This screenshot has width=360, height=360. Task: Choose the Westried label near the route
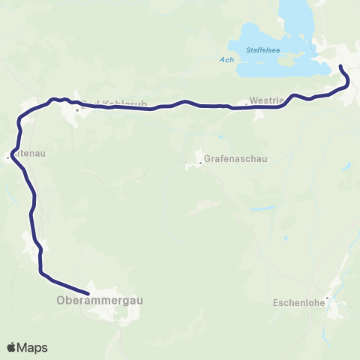pyautogui.click(x=265, y=103)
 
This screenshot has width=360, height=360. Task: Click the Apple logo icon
pyautogui.click(x=12, y=347)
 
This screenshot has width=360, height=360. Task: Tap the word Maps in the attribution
pyautogui.click(x=34, y=347)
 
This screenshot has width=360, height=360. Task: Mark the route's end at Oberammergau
pyautogui.click(x=88, y=292)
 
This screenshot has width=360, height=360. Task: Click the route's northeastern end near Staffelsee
pyautogui.click(x=342, y=67)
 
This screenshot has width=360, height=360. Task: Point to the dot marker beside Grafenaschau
pyautogui.click(x=199, y=160)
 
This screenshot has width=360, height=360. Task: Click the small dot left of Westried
pyautogui.click(x=247, y=103)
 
